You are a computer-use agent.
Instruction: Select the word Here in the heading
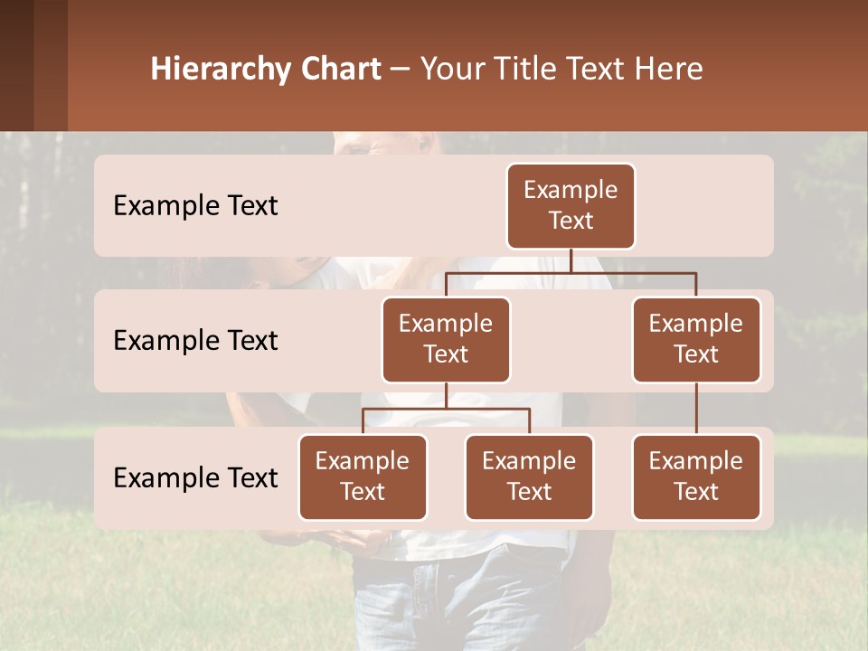(x=669, y=70)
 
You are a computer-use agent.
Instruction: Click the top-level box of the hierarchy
(x=571, y=206)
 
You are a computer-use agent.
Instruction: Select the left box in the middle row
(x=446, y=340)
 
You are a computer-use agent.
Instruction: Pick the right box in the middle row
(x=696, y=340)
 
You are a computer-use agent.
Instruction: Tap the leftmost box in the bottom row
(x=363, y=477)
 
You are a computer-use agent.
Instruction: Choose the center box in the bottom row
(x=529, y=477)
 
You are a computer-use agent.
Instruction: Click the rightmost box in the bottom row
(x=696, y=477)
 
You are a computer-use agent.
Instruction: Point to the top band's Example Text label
(x=195, y=206)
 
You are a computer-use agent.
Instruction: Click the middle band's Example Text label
(x=195, y=341)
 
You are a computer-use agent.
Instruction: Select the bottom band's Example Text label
(x=195, y=478)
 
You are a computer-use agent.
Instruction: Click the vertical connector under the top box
(x=571, y=260)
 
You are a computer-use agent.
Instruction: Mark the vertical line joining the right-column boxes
(x=696, y=409)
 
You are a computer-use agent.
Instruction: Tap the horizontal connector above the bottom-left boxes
(x=446, y=409)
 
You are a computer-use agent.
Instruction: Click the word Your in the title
(x=449, y=70)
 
